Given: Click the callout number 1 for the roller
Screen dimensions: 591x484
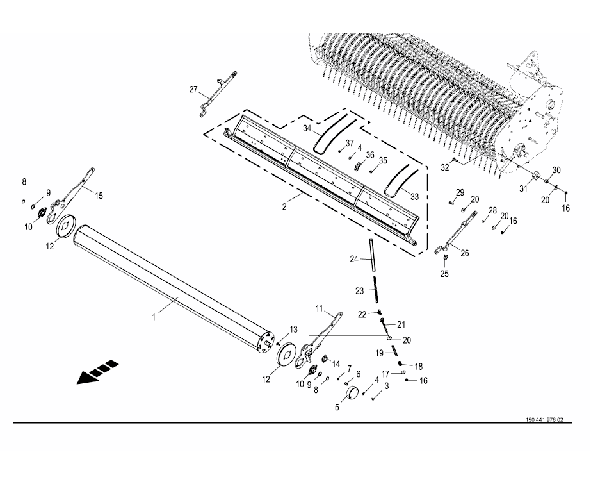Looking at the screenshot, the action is click(x=154, y=317).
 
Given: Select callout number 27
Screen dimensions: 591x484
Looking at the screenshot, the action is click(x=193, y=90).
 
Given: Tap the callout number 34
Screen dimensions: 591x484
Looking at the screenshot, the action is click(x=307, y=129).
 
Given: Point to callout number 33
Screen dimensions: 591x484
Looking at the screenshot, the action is click(x=415, y=197).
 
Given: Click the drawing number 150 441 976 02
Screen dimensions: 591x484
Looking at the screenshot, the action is click(x=544, y=420).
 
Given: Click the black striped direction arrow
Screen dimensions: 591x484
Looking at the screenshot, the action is click(x=97, y=372).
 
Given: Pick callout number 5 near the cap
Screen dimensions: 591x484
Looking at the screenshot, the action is click(x=337, y=408).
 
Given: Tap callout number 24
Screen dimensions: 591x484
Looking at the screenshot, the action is click(x=354, y=259).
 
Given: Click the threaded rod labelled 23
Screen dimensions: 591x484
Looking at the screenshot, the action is click(x=375, y=288).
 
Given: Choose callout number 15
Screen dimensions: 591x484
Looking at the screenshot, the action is click(x=99, y=196).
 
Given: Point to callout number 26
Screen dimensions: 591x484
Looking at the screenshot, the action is click(x=465, y=253).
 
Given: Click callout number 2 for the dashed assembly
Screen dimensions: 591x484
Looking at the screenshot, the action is click(x=284, y=206).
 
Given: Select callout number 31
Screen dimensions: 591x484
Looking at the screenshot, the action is click(x=523, y=189).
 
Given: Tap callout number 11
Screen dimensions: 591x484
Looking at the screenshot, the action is click(x=320, y=308).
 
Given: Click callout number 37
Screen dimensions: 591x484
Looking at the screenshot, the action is click(x=350, y=143).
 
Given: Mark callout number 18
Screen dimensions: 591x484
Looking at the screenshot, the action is click(x=418, y=366).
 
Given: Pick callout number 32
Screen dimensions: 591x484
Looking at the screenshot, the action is click(x=445, y=167).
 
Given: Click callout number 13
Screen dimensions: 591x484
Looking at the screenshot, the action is click(x=293, y=330).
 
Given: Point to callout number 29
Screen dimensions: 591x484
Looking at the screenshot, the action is click(x=460, y=192).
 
